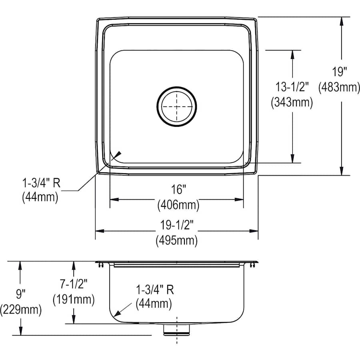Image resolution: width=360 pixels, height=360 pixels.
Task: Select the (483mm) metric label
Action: click(339, 88)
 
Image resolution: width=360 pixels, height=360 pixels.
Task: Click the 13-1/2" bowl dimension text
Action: click(292, 87)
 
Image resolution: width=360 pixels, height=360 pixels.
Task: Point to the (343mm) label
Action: click(292, 102)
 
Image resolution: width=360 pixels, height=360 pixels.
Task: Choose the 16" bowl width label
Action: click(178, 190)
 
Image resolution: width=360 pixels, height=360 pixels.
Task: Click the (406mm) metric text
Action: click(178, 205)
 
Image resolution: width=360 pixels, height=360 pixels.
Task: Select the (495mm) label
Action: click(176, 240)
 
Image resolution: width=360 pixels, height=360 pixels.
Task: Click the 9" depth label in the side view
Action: click(20, 294)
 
